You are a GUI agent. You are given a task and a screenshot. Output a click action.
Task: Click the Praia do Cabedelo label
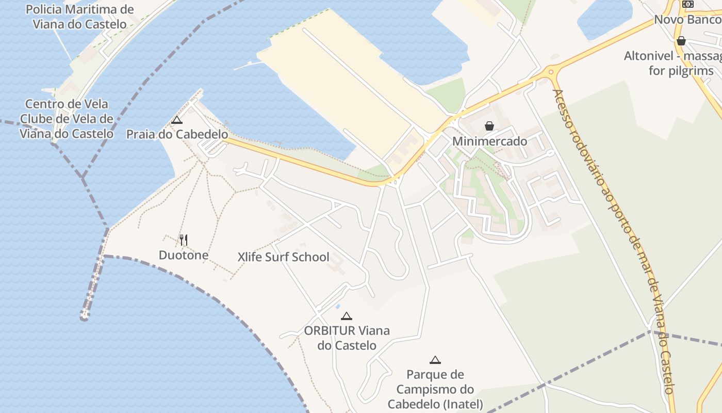point(177,134)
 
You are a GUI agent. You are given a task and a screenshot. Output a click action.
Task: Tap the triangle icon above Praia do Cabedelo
point(177,120)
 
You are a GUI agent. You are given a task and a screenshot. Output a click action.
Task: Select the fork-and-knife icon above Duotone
point(183,240)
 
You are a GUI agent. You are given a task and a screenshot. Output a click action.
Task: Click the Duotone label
point(184,255)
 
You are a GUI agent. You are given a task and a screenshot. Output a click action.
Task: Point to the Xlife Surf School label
point(283,257)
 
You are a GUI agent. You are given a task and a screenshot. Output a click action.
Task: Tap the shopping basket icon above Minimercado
point(489,126)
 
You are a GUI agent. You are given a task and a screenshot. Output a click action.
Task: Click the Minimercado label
point(489,141)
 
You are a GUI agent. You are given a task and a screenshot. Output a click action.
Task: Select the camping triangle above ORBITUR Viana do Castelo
point(347,316)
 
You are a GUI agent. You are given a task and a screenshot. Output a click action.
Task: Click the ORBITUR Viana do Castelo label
point(347,338)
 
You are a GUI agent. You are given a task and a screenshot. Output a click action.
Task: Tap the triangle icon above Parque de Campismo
point(435,360)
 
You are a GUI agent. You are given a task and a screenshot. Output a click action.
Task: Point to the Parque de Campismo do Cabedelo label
point(435,389)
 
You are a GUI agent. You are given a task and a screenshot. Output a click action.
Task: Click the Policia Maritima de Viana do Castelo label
point(79,17)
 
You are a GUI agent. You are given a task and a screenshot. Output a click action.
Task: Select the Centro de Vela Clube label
point(67,119)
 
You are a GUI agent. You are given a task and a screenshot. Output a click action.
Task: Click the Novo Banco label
point(687,20)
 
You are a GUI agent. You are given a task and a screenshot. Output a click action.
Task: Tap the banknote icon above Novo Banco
point(687,4)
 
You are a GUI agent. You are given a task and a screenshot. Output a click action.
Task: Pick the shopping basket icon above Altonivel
point(681,40)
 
